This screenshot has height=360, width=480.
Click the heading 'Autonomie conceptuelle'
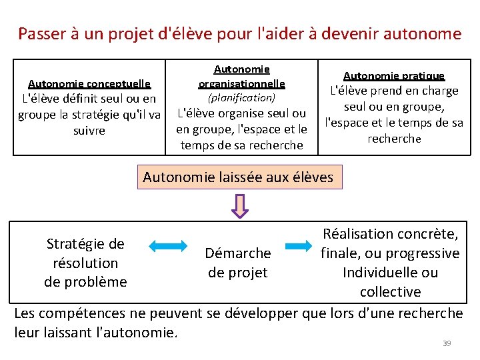click(x=89, y=84)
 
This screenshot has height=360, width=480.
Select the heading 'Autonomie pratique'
click(x=393, y=77)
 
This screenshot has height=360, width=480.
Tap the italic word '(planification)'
click(x=241, y=98)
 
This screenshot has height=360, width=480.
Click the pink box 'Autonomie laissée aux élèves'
click(x=238, y=178)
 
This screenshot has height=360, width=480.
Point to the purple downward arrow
click(x=240, y=205)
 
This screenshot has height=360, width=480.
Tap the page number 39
click(x=447, y=343)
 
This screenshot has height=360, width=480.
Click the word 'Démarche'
click(x=237, y=253)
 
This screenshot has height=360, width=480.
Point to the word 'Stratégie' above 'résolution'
click(x=85, y=244)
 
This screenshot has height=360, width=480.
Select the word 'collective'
click(x=390, y=292)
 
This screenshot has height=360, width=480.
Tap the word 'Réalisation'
click(x=358, y=234)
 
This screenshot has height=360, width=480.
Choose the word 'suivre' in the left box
click(x=89, y=131)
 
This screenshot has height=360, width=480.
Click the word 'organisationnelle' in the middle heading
click(x=241, y=83)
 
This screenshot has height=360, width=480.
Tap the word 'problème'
click(x=85, y=282)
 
